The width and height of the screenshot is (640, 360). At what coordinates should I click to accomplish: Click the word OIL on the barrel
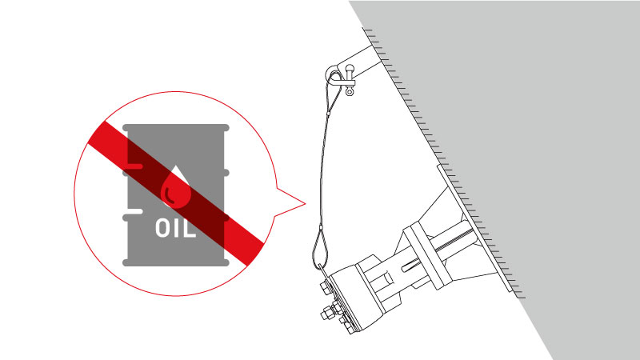pyautogui.click(x=175, y=229)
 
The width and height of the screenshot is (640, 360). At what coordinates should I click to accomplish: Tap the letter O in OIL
pyautogui.click(x=162, y=229)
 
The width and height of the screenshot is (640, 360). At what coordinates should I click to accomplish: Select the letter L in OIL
pyautogui.click(x=190, y=229)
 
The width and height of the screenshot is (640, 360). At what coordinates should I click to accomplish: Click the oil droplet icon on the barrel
pyautogui.click(x=176, y=187)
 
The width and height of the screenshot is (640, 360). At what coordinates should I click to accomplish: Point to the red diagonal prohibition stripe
pyautogui.click(x=176, y=194)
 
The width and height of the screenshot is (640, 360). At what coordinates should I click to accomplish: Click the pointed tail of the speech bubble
pyautogui.click(x=305, y=203)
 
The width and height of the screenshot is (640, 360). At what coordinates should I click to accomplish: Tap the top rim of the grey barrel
pyautogui.click(x=176, y=128)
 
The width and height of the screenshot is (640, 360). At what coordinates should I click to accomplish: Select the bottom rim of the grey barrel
pyautogui.click(x=176, y=262)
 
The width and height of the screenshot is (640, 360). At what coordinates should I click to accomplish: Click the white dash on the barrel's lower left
pyautogui.click(x=133, y=211)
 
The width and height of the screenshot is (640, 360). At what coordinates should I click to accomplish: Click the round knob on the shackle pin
pyautogui.click(x=350, y=68)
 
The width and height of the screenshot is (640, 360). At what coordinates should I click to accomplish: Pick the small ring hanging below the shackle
pyautogui.click(x=350, y=92)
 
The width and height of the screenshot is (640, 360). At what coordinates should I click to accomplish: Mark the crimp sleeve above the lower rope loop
pyautogui.click(x=321, y=230)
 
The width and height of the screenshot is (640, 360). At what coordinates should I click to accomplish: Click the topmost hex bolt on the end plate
pyautogui.click(x=326, y=289)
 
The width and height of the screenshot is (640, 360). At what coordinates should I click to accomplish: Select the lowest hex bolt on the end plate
pyautogui.click(x=348, y=326)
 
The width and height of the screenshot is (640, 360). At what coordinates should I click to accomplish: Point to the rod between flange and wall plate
pyautogui.click(x=452, y=240)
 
